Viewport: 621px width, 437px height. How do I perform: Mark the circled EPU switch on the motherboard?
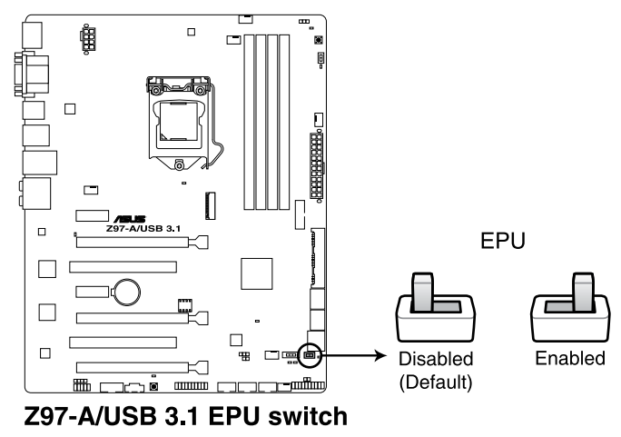[x=309, y=354]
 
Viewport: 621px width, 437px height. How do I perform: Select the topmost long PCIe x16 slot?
[x=141, y=243]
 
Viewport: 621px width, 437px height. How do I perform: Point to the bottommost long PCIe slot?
[x=141, y=368]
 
